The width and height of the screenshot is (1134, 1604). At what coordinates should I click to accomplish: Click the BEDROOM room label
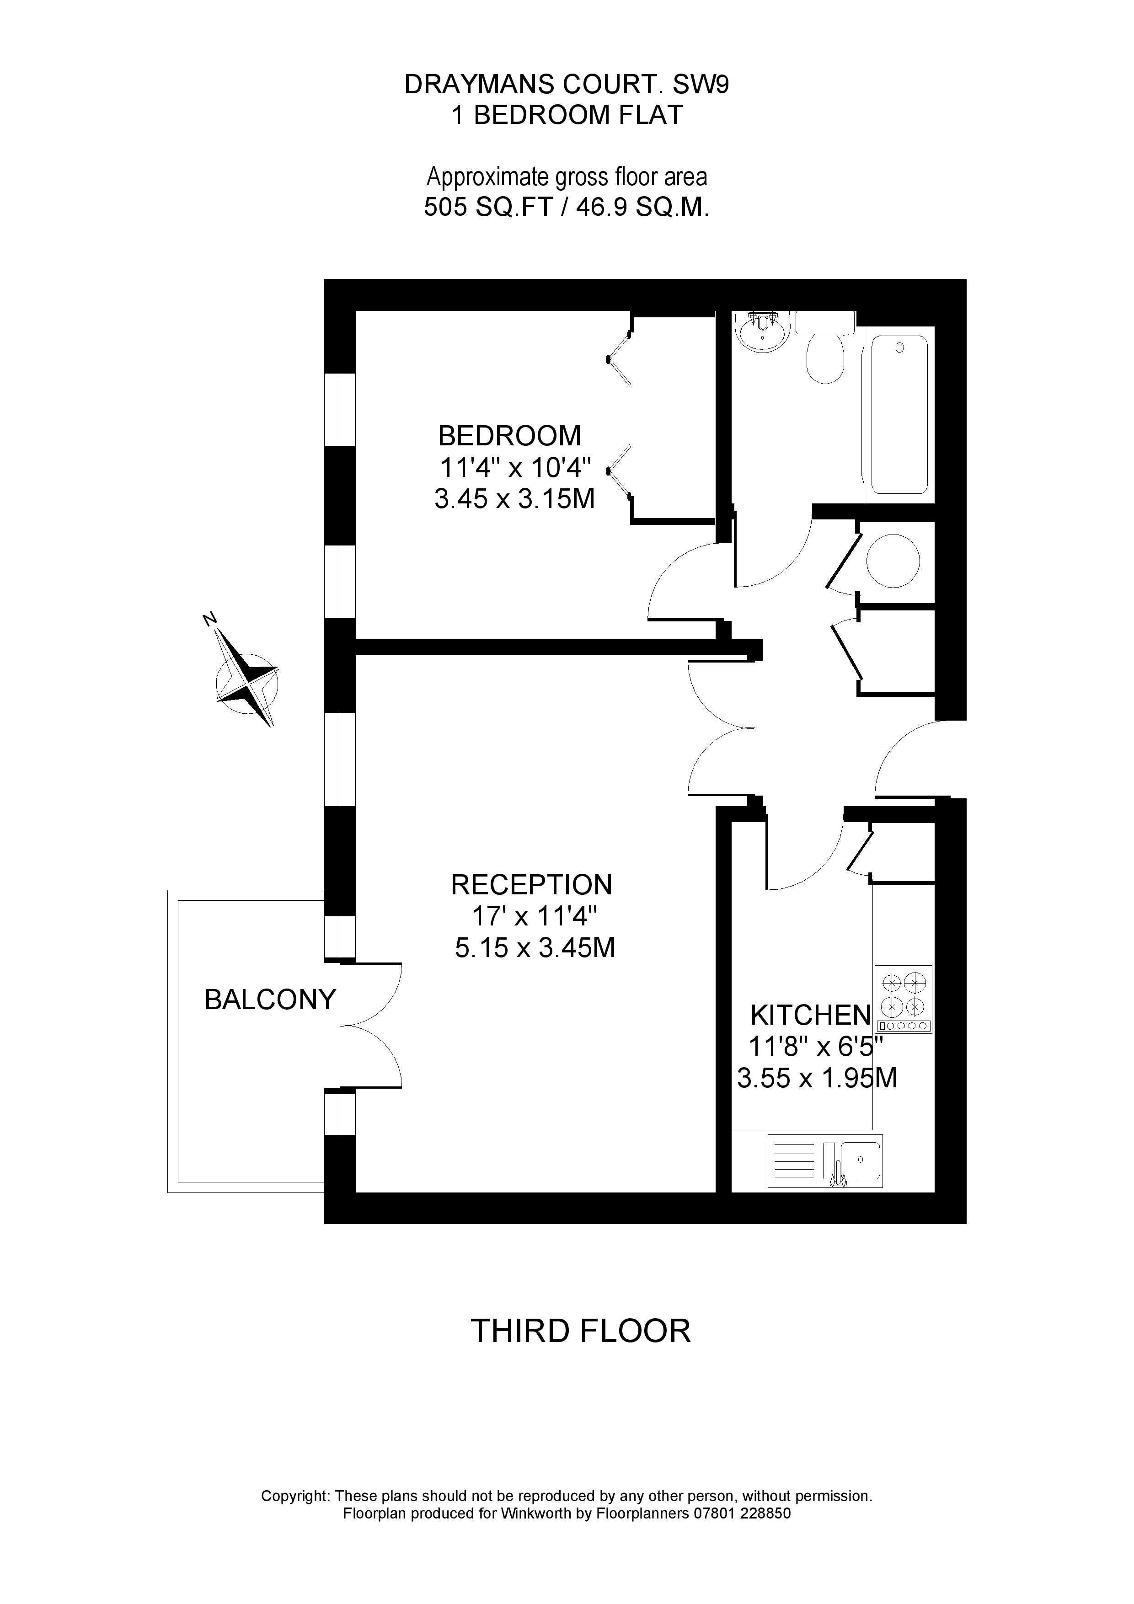click(509, 436)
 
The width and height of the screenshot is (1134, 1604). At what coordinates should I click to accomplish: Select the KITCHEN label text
click(811, 1014)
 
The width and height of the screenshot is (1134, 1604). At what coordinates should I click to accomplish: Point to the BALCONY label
click(270, 1000)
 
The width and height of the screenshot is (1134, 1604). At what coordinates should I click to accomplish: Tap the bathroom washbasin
click(762, 333)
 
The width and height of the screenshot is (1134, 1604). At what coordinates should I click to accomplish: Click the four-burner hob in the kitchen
click(904, 1000)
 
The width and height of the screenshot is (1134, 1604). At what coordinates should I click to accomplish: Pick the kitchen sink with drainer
click(825, 1161)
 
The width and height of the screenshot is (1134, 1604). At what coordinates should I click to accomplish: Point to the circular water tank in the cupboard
click(893, 561)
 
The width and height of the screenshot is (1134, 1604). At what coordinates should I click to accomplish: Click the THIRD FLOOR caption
click(581, 1331)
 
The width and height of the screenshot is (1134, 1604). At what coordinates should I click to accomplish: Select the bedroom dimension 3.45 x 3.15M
click(514, 499)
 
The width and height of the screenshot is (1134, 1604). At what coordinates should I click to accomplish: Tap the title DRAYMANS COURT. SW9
click(567, 85)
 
